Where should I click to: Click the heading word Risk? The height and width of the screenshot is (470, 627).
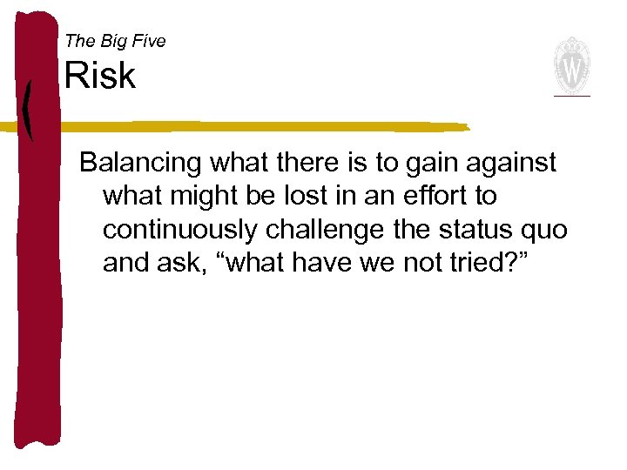click(100, 77)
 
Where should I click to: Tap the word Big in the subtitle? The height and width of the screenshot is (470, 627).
click(111, 41)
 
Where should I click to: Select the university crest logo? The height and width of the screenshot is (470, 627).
click(572, 64)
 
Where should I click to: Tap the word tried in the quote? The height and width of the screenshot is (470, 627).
click(460, 262)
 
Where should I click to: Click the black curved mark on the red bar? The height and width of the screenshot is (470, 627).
click(28, 109)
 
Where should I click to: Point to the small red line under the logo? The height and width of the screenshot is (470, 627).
click(572, 95)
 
